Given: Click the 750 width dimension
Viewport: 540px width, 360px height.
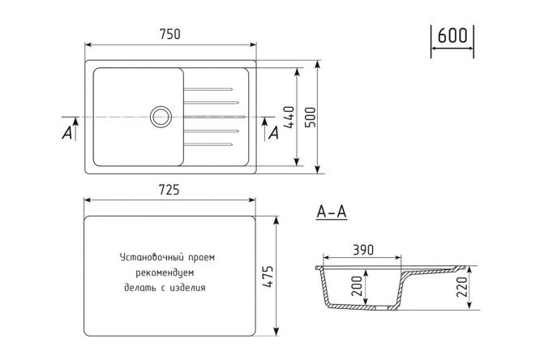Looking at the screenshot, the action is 170,34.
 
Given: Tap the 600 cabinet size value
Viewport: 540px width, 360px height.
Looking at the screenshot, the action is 452,35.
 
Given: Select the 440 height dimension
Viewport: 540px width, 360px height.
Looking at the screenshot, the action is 289,117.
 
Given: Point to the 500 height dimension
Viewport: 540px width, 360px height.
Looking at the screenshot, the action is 311,117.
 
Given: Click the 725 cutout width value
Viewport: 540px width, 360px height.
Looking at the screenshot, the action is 169,190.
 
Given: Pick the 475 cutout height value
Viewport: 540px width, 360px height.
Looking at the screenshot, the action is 268,276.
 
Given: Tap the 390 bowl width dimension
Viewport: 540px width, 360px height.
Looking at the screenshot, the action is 363,250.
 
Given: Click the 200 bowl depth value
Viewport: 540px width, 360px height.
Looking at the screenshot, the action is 357,286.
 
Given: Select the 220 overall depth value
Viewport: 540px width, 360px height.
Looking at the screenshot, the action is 461,287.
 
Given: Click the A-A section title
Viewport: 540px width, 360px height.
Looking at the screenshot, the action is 332,212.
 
